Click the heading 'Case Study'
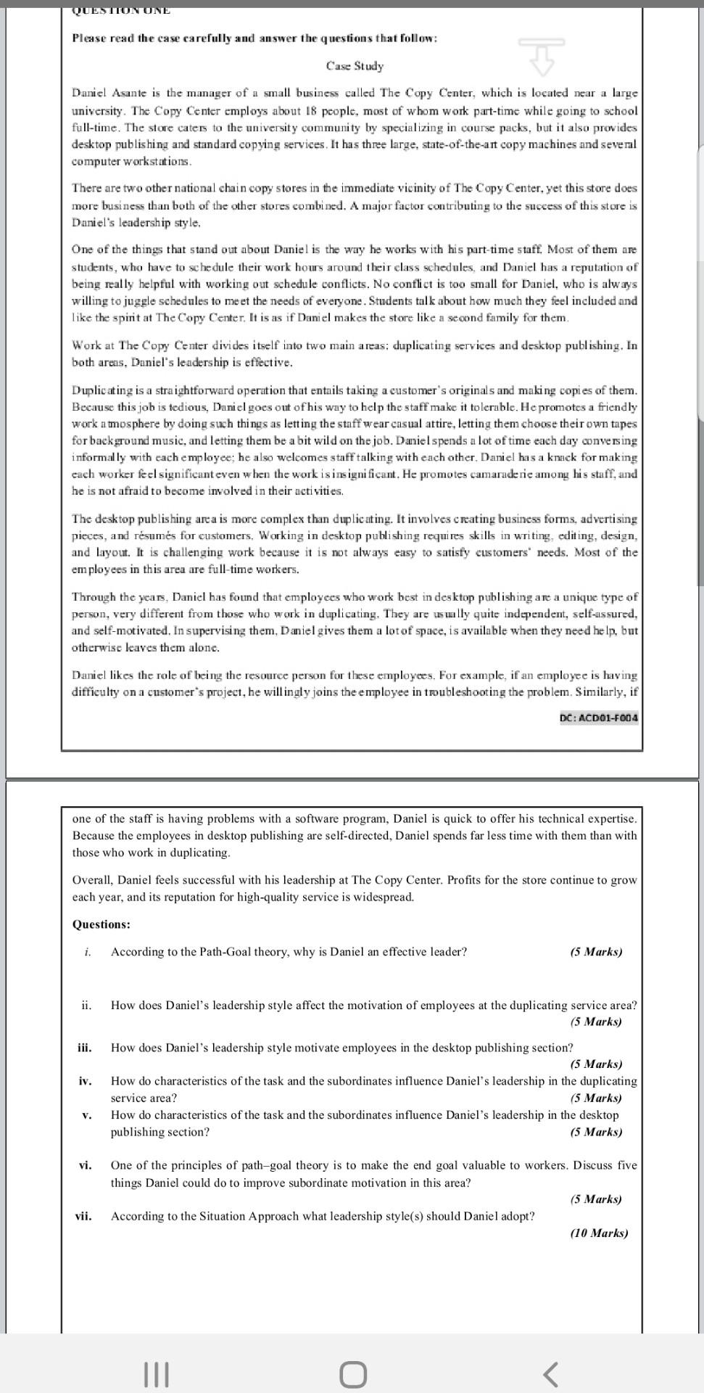355,66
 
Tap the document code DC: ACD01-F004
599,718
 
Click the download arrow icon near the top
541,56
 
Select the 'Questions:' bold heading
102,924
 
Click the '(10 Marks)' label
599,1233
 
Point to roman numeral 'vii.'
83,1216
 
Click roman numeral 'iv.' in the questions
85,1081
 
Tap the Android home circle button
352,1373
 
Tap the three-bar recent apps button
157,1373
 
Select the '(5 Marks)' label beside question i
596,952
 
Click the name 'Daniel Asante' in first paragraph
107,94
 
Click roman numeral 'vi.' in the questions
85,1165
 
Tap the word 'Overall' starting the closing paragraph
92,880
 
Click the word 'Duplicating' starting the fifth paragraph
100,390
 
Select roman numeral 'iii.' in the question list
84,1048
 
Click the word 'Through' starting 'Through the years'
91,597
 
